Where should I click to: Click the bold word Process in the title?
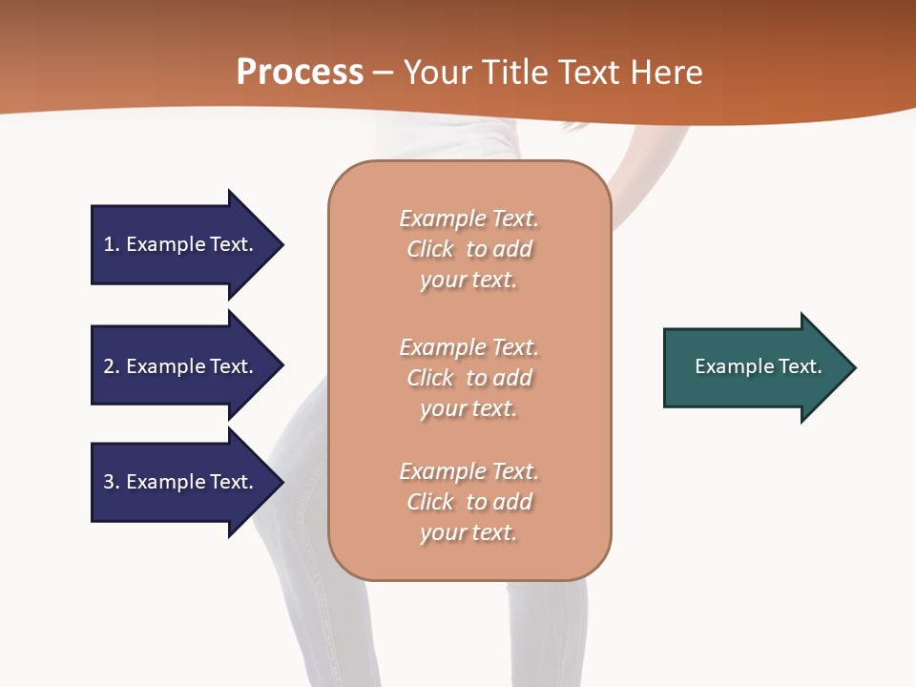(300, 73)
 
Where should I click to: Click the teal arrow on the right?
(754, 367)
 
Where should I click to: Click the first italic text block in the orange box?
(469, 249)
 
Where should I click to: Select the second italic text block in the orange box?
(469, 378)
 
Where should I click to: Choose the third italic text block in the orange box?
(469, 502)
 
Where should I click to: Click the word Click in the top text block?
(430, 249)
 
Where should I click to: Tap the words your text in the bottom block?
(468, 532)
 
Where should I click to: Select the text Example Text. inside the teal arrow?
(758, 366)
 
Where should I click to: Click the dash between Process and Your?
(384, 73)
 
